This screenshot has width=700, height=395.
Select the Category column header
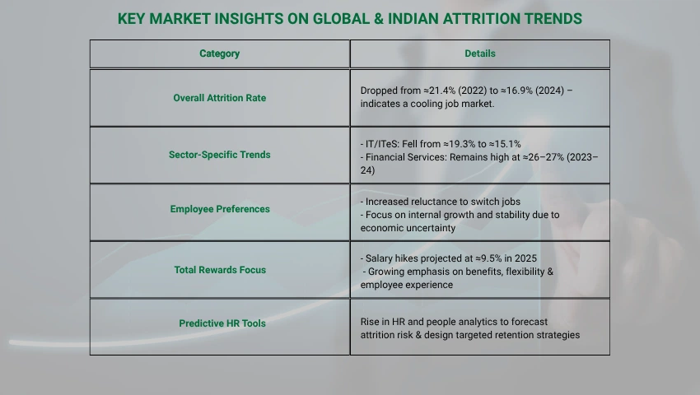pyautogui.click(x=220, y=53)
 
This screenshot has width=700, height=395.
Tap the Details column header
pyautogui.click(x=480, y=53)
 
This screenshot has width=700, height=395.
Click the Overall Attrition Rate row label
pyautogui.click(x=220, y=98)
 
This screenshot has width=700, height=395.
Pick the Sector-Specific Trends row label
pyautogui.click(x=220, y=155)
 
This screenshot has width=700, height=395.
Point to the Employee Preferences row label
pyautogui.click(x=220, y=209)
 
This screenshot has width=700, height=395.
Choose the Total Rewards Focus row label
pyautogui.click(x=220, y=270)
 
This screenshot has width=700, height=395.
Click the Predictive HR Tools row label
pyautogui.click(x=222, y=323)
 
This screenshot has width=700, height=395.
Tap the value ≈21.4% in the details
pyautogui.click(x=438, y=91)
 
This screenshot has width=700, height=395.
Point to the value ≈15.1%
pyautogui.click(x=505, y=144)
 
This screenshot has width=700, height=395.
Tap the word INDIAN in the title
pyautogui.click(x=413, y=19)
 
